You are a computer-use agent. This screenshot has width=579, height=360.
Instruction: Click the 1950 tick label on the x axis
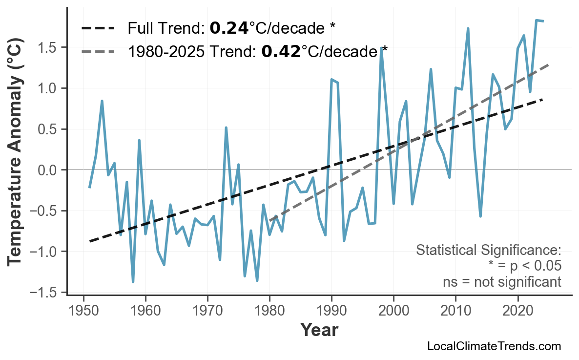(83, 311)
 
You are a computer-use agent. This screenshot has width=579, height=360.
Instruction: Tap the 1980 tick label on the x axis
(269, 311)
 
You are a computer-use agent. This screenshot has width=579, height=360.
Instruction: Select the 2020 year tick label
(517, 311)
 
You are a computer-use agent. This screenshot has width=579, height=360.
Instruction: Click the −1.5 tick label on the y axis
(47, 293)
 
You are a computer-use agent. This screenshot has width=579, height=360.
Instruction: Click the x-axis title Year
(319, 330)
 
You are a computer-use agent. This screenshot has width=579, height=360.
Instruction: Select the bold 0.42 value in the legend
(281, 51)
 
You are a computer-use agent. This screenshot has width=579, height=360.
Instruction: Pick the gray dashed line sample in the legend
(98, 51)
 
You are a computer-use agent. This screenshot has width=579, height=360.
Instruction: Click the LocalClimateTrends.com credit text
(494, 346)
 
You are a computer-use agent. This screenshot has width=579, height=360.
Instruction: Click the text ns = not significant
(502, 282)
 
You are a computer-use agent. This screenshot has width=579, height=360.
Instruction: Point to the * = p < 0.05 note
(525, 266)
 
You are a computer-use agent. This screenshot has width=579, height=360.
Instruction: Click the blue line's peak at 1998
(381, 48)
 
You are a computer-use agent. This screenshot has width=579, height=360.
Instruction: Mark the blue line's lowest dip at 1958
(133, 282)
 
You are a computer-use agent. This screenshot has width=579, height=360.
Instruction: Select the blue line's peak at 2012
(468, 29)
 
